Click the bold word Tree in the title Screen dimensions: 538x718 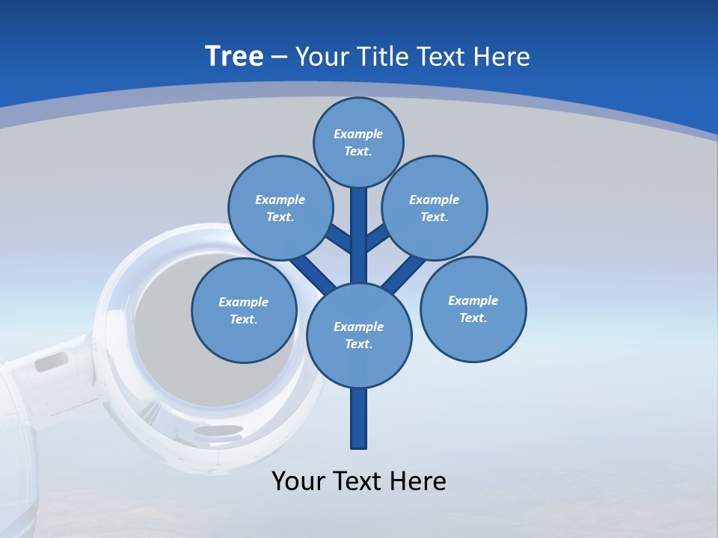[x=234, y=56]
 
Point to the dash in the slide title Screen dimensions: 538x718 [x=279, y=57]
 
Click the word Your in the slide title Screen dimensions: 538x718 [x=320, y=57]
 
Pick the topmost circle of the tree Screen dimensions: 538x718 [x=358, y=142]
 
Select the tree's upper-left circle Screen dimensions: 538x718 [x=280, y=208]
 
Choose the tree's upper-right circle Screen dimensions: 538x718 [x=435, y=208]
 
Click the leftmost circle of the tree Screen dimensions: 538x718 [x=244, y=310]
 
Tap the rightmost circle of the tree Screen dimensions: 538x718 [x=473, y=309]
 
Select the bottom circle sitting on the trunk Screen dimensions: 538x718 [x=359, y=335]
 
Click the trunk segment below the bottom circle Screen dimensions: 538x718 [x=359, y=418]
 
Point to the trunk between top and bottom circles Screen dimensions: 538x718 [x=359, y=239]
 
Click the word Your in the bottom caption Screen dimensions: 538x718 [x=298, y=481]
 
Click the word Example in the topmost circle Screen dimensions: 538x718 [x=358, y=134]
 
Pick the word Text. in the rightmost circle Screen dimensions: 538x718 [x=473, y=318]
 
